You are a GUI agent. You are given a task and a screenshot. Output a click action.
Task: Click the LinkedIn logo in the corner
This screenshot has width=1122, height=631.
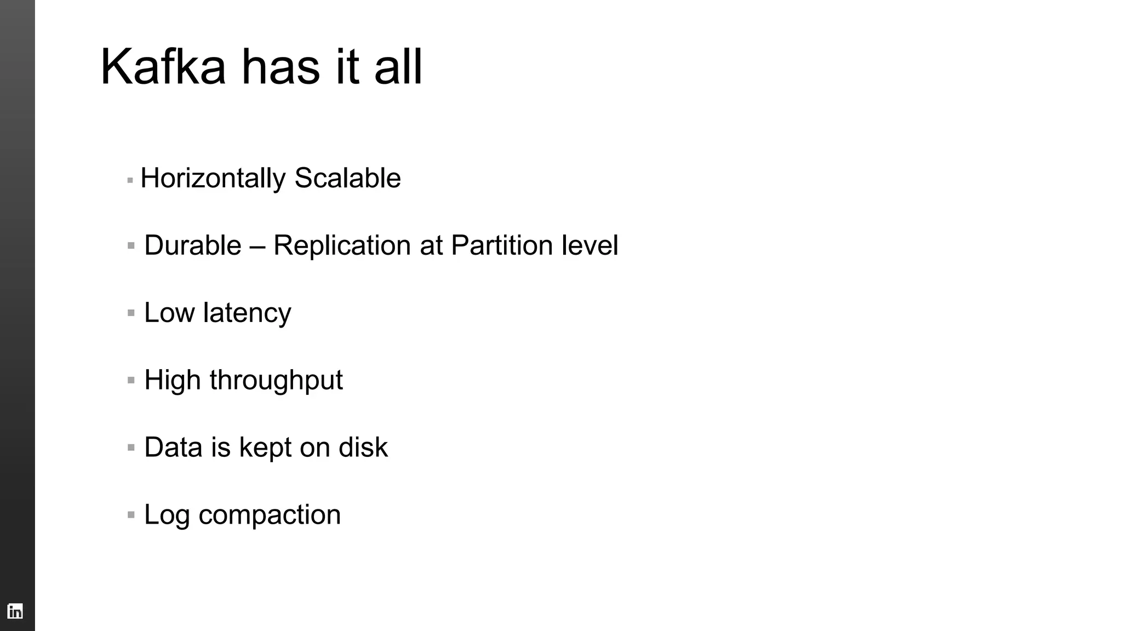(x=15, y=611)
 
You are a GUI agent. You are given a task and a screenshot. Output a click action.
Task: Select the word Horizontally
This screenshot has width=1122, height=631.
(x=213, y=179)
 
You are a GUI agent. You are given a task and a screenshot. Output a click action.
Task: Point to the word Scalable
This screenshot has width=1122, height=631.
(x=347, y=178)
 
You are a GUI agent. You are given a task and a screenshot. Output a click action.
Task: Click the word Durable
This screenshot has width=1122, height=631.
(x=192, y=245)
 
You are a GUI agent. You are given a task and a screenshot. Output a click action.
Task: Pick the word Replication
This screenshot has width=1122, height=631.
(x=342, y=245)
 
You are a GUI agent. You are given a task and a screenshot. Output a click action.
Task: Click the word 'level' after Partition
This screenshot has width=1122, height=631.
(x=589, y=245)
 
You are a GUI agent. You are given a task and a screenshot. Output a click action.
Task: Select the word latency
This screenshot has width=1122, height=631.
(x=247, y=313)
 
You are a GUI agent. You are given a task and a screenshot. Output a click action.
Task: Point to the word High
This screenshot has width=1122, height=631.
(x=172, y=380)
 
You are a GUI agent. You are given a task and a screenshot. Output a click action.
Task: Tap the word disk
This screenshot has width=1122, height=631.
(x=363, y=447)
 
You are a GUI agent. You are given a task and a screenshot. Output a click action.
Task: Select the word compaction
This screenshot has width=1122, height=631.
(x=270, y=515)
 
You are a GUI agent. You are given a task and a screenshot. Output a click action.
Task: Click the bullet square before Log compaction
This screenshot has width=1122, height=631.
(x=131, y=515)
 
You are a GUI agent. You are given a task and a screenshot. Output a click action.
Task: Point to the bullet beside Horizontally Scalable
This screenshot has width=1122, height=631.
(x=130, y=180)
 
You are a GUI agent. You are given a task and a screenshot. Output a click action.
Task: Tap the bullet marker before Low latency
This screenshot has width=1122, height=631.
(x=131, y=313)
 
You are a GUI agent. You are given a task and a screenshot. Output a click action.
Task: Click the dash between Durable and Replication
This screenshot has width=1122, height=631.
(x=257, y=246)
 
